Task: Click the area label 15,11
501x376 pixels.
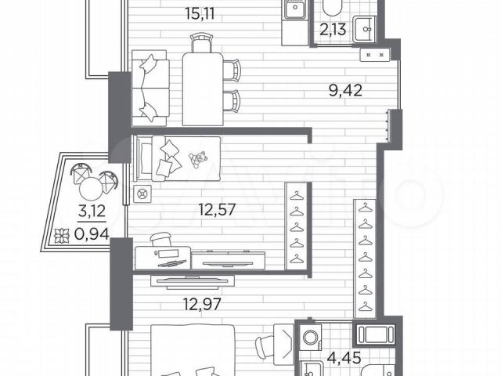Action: coord(200,14)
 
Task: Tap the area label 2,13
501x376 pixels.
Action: coord(333,30)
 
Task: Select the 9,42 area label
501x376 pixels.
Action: coord(345,91)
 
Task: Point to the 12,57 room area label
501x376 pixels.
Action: coord(217,210)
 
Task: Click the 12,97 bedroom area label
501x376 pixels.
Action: coord(202,304)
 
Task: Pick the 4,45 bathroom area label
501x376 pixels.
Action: coord(344,357)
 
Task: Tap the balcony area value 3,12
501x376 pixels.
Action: coord(92,211)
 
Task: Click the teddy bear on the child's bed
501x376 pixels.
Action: coord(198,159)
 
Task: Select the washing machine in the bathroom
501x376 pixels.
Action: coord(311,337)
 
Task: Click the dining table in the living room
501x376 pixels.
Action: coord(203,89)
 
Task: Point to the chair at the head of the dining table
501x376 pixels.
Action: coord(202,43)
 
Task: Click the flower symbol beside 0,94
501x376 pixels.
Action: coord(60,236)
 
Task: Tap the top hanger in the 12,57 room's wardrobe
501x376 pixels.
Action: coord(297,195)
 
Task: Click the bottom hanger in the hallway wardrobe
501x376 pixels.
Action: coord(366,305)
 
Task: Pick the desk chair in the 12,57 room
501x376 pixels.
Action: coord(161,239)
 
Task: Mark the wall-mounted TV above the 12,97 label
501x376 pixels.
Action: coord(193,281)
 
